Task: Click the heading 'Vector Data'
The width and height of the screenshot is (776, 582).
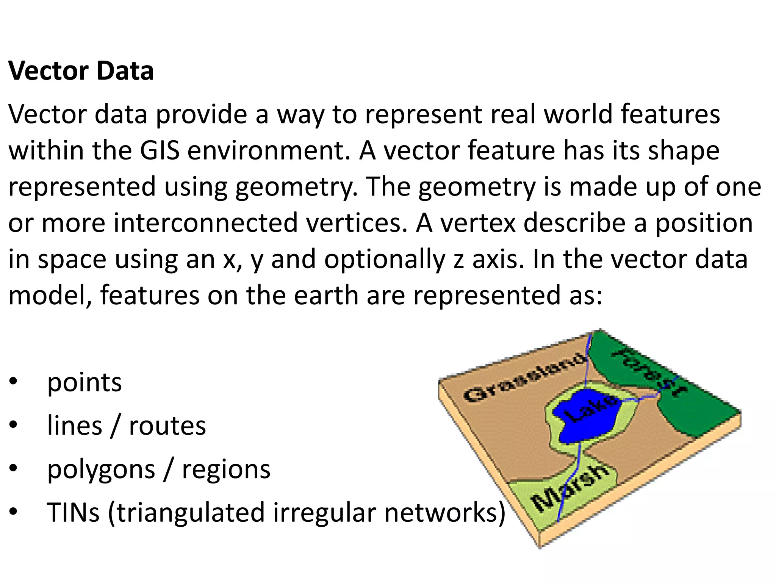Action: [x=81, y=71]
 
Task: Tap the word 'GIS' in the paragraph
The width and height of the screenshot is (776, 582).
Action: [x=160, y=150]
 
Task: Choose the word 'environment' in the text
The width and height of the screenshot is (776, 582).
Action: [x=268, y=150]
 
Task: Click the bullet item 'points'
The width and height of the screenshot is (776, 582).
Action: [x=84, y=382]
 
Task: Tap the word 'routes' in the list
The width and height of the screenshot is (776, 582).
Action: [x=167, y=426]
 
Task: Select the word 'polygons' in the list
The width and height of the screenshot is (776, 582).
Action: [x=101, y=470]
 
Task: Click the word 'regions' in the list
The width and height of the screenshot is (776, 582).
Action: [x=226, y=470]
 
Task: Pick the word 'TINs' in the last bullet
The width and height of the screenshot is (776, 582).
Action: [x=73, y=513]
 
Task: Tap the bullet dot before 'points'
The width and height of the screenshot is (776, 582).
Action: [x=14, y=382]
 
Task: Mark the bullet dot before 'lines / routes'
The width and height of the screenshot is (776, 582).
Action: [x=14, y=426]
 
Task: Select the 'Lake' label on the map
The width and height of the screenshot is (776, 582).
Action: [x=590, y=409]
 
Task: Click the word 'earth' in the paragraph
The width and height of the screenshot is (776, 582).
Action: [x=325, y=296]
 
